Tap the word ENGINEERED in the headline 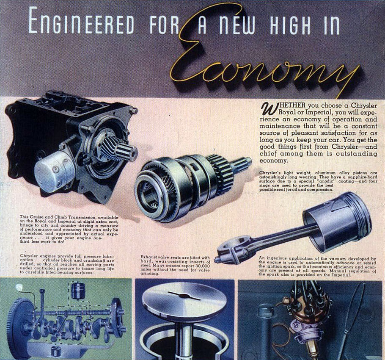click(82, 21)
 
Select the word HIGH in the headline click(291, 25)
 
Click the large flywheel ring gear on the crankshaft click(19, 322)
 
